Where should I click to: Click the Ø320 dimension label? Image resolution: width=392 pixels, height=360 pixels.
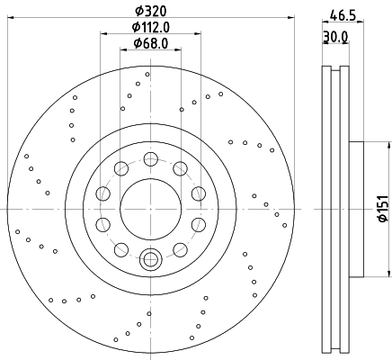click(x=150, y=12)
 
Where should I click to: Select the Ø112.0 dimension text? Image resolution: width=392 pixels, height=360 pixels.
click(x=151, y=28)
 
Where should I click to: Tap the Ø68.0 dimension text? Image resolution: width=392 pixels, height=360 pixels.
click(x=151, y=43)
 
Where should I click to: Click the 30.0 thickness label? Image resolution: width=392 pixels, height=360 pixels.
click(x=335, y=37)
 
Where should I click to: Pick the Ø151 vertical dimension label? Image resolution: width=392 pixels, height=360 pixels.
click(x=383, y=209)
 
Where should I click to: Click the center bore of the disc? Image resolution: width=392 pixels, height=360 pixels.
click(x=151, y=209)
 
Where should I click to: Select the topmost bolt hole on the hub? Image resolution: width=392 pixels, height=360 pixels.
click(x=150, y=158)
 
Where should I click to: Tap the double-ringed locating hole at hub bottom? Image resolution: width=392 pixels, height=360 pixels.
click(x=151, y=259)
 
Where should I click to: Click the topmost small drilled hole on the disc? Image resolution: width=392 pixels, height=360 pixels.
click(x=147, y=74)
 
